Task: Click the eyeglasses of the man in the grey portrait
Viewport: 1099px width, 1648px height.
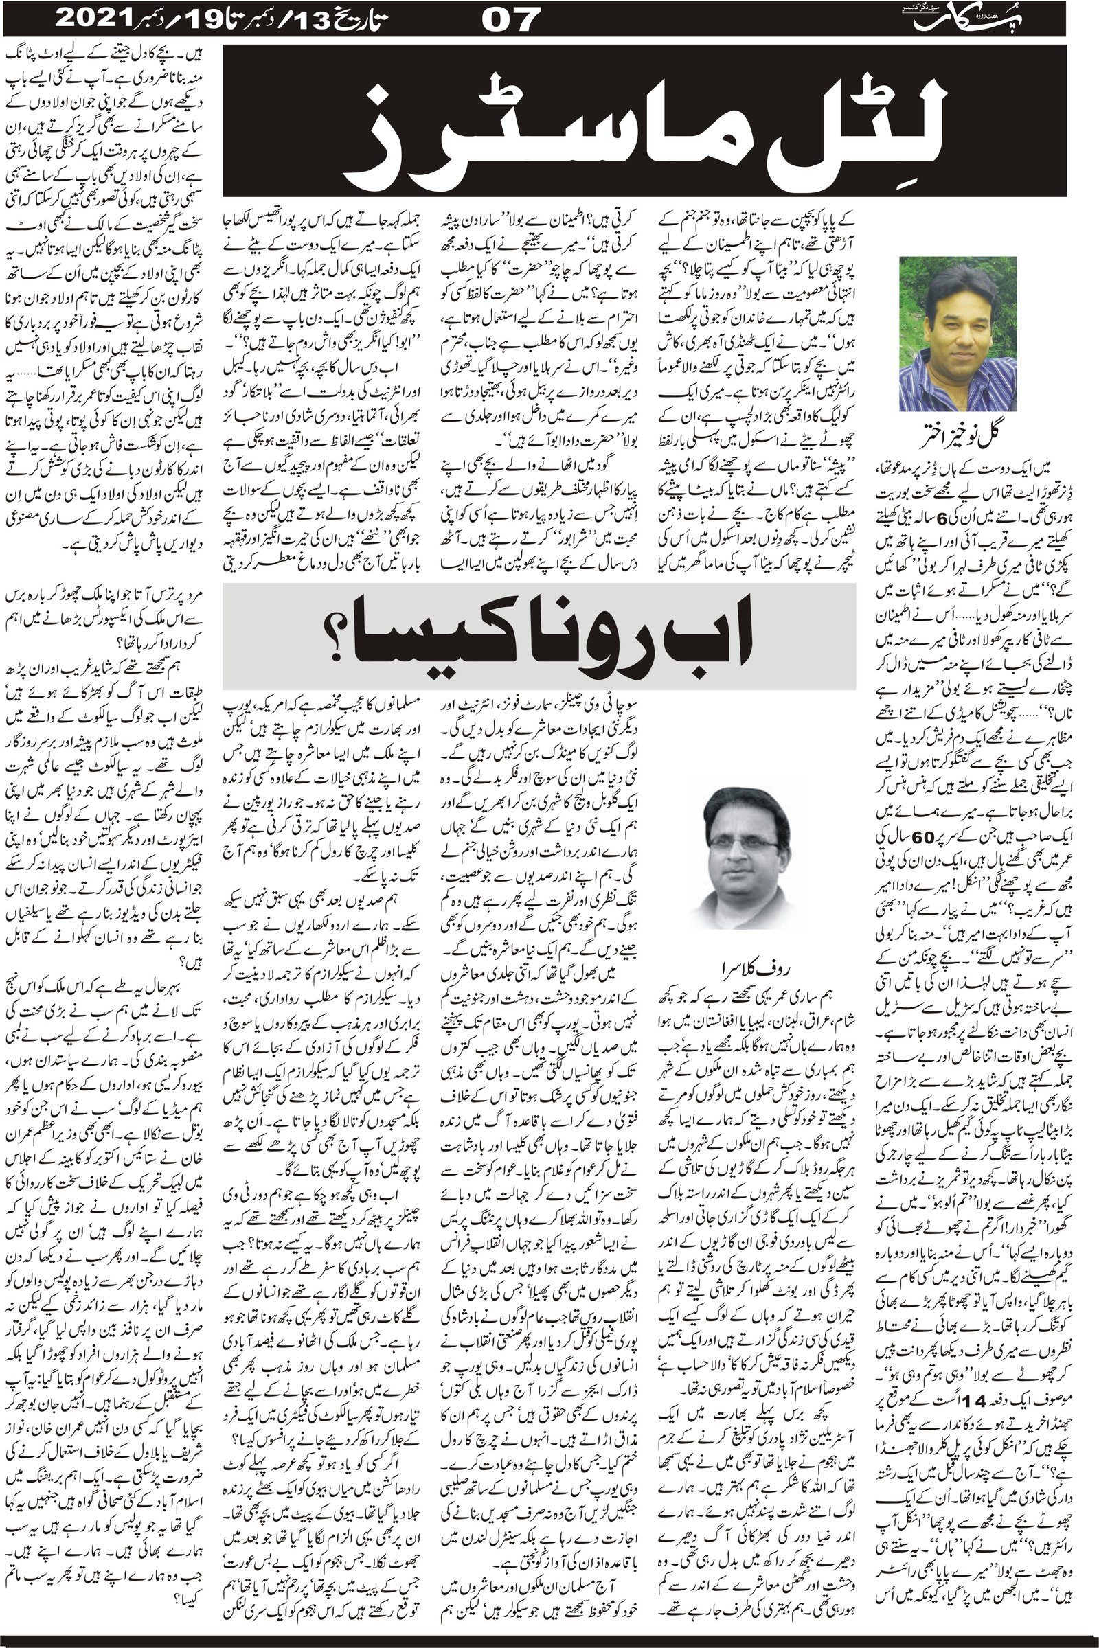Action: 742,845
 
